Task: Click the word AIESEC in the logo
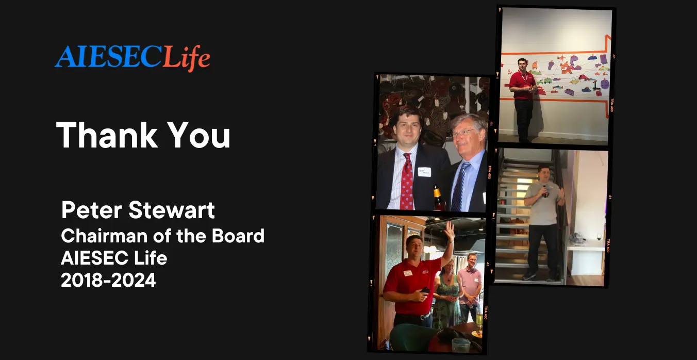point(109,57)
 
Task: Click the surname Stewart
point(172,210)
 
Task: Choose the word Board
point(238,236)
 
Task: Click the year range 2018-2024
point(108,280)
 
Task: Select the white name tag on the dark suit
point(424,172)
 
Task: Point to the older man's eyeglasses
point(463,133)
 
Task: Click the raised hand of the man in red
point(449,230)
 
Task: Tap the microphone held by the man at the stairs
point(544,191)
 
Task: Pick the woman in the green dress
point(447,294)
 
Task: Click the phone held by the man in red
point(425,290)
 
